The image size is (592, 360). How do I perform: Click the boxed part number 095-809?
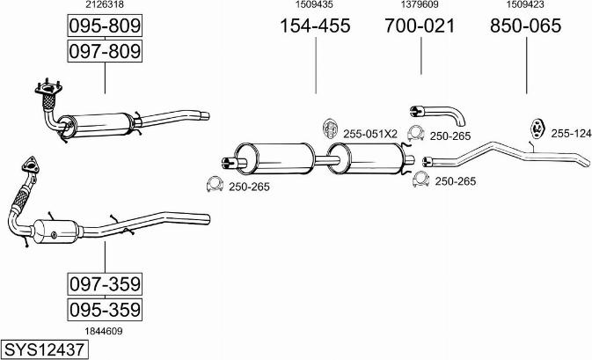click(105, 26)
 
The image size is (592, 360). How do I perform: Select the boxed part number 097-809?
click(105, 51)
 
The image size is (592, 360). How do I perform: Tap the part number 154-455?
click(315, 26)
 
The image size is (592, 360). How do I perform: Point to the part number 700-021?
click(420, 26)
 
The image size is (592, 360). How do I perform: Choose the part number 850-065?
click(526, 26)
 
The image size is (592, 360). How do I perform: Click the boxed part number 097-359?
click(105, 284)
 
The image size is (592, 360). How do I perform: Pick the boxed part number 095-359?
click(105, 310)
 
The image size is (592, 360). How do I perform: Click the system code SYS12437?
click(44, 349)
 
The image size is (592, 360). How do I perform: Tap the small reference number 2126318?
click(105, 4)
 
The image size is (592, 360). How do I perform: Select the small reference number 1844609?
click(104, 331)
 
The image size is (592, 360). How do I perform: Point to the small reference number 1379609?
click(420, 4)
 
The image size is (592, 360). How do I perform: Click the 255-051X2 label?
click(370, 134)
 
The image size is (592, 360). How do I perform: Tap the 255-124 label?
click(571, 133)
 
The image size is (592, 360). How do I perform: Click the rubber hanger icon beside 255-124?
click(537, 129)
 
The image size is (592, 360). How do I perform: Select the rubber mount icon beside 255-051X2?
click(330, 129)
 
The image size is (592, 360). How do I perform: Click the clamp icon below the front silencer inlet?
click(215, 184)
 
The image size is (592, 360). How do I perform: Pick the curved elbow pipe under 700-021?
click(437, 114)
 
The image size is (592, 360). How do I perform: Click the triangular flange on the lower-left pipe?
click(30, 165)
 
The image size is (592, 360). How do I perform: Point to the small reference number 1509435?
click(314, 4)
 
